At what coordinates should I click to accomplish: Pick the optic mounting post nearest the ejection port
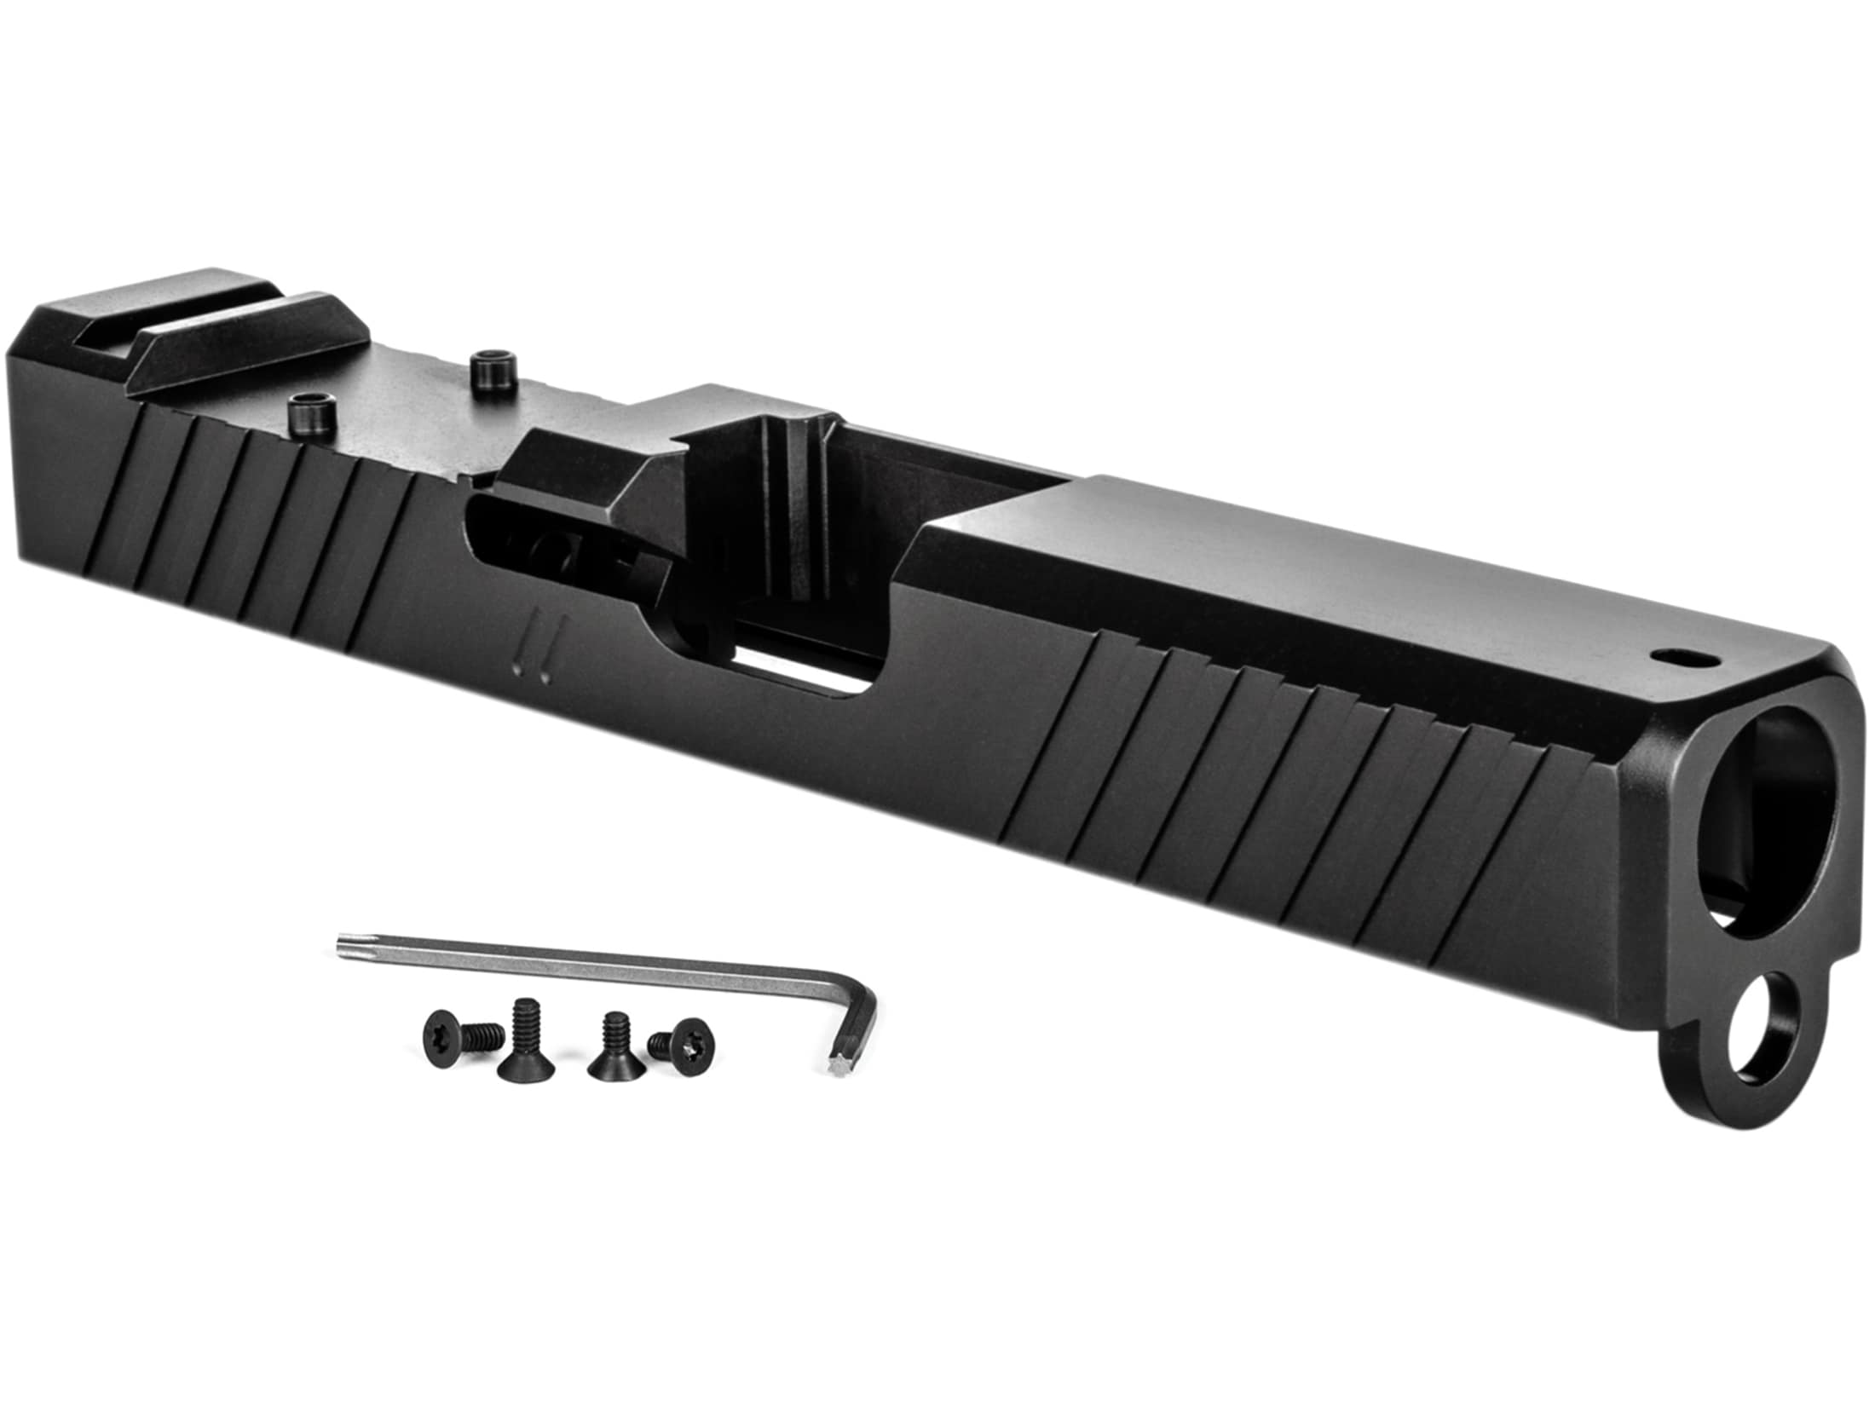(489, 368)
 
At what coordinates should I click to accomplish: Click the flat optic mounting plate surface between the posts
(392, 392)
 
